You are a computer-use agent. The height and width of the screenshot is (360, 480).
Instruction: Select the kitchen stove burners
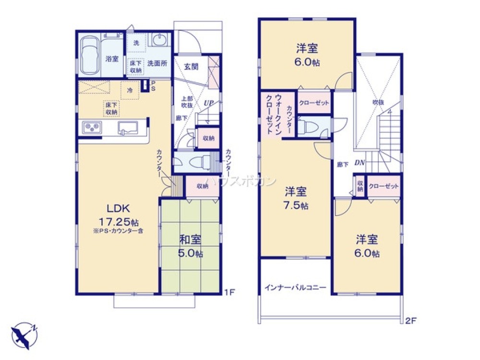[x=91, y=128]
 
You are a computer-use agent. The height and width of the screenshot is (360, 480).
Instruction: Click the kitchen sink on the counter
[x=127, y=128]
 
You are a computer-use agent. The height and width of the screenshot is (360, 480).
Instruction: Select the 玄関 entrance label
[x=191, y=67]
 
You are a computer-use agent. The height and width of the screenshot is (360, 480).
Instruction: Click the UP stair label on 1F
[x=208, y=102]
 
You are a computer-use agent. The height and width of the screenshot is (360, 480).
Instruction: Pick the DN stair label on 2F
[x=360, y=163]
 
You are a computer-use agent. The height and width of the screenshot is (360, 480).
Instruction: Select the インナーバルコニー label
[x=295, y=288]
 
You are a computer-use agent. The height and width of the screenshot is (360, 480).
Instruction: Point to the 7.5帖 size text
[x=296, y=205]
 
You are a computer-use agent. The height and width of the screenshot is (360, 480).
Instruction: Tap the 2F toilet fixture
[x=307, y=127]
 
